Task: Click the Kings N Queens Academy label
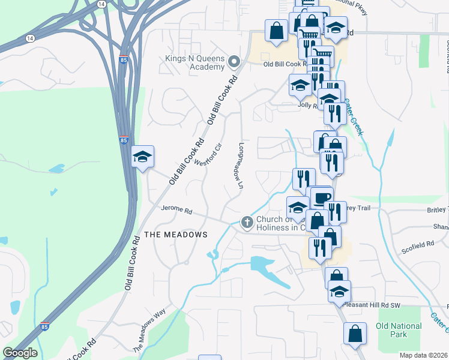point(194,62)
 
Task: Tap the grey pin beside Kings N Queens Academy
point(234,61)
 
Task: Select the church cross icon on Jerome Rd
point(247,223)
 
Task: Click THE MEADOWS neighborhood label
point(175,234)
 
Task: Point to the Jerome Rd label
point(176,211)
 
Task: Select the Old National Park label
point(399,329)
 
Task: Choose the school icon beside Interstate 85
point(143,157)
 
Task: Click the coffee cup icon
point(322,198)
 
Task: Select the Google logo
point(20,353)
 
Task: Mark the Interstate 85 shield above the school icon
point(123,140)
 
